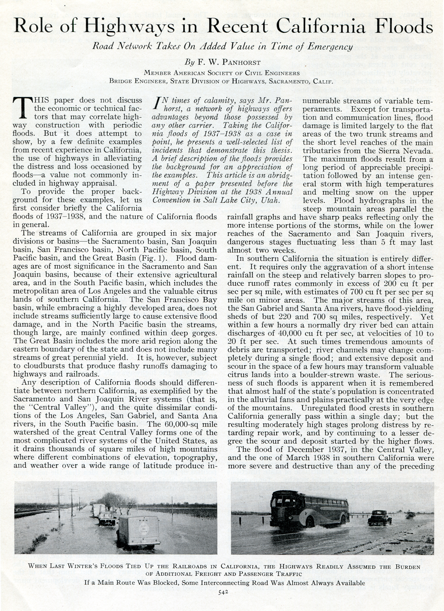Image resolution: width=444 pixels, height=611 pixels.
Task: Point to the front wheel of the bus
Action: (310, 522)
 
